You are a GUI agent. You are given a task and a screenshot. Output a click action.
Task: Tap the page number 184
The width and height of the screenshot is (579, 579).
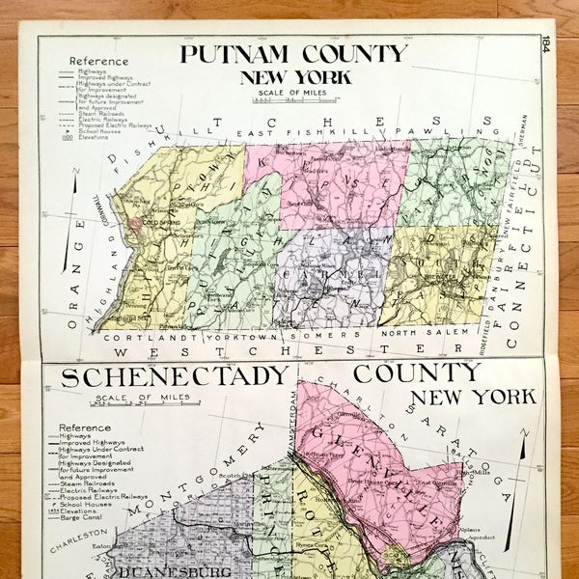(547, 45)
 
